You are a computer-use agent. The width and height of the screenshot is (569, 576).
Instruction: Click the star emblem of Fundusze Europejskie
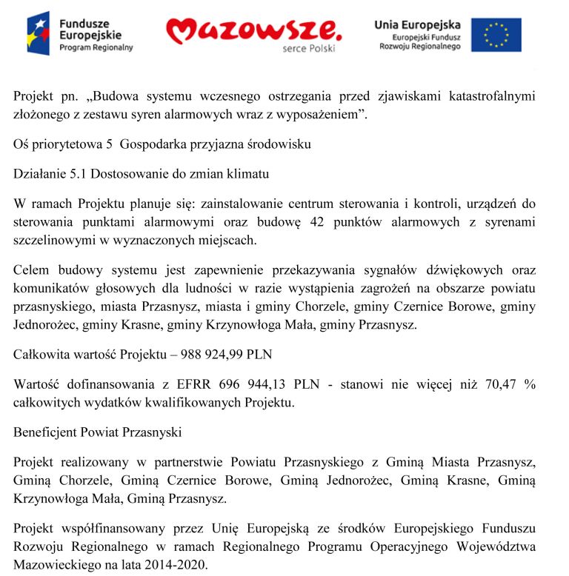(38, 33)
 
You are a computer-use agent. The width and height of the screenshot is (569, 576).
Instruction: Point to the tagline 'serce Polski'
(309, 49)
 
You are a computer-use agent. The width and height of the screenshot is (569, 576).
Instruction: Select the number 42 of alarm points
(317, 222)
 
